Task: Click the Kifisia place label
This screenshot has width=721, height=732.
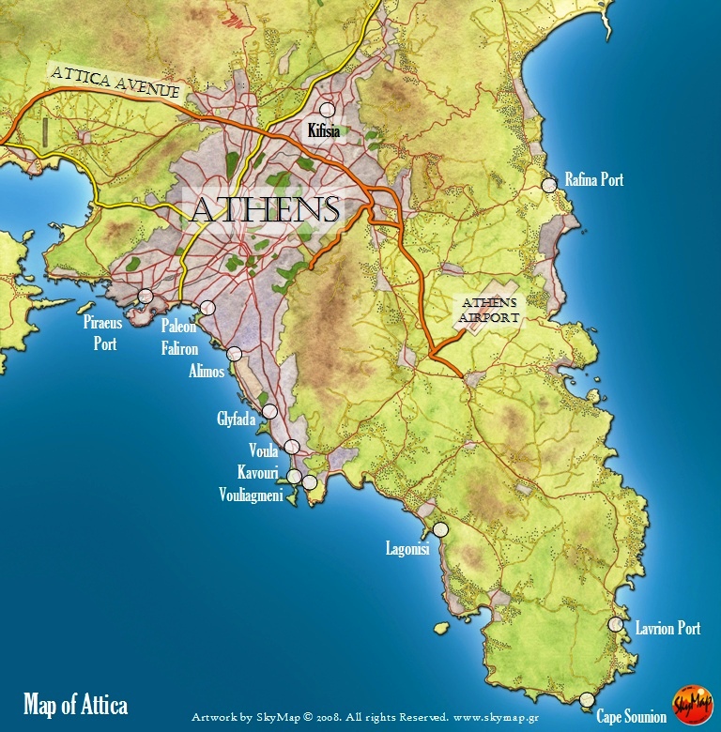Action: (324, 131)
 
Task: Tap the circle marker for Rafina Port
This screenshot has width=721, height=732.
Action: (549, 186)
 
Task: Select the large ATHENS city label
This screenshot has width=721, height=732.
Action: (264, 209)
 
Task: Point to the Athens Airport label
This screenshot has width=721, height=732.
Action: (488, 311)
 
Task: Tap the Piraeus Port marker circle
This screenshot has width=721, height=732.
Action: (146, 297)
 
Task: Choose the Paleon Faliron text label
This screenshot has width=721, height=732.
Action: (178, 335)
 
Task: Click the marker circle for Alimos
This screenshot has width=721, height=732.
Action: (234, 354)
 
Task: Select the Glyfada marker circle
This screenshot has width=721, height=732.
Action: (269, 411)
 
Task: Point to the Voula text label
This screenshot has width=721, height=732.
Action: (264, 450)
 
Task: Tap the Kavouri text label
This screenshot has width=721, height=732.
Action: (258, 473)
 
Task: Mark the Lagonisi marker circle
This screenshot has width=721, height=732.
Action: (440, 529)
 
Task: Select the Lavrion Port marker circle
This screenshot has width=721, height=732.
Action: (616, 624)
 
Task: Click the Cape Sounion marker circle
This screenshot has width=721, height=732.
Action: (587, 699)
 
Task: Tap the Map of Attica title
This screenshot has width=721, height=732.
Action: (75, 705)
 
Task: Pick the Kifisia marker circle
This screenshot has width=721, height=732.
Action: (327, 111)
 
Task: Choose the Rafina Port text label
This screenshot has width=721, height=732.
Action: (593, 179)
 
